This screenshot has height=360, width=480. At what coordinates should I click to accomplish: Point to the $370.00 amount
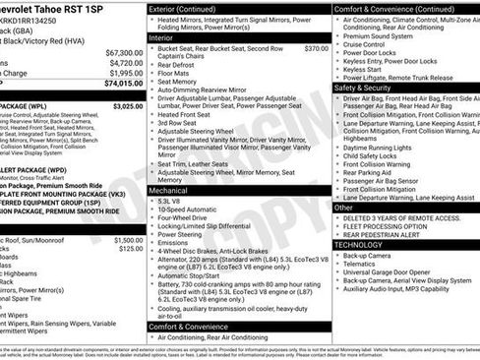tap(317, 47)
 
